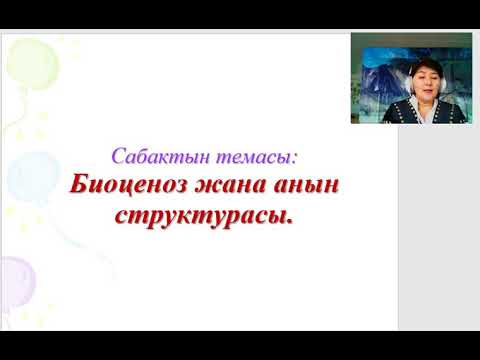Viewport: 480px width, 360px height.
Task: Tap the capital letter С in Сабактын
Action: (x=116, y=156)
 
